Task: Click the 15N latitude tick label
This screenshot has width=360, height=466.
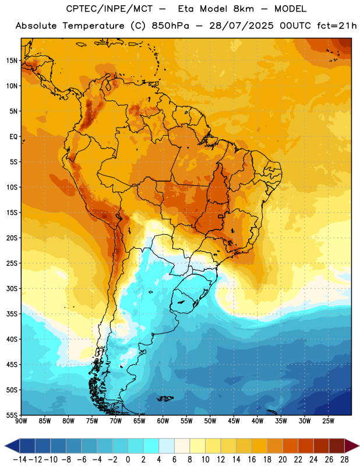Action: (12, 61)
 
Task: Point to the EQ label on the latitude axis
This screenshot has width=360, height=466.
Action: (13, 137)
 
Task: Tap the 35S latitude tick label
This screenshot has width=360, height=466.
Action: (12, 314)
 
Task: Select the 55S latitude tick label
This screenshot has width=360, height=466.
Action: (12, 415)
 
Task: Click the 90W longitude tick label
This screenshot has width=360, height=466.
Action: (21, 421)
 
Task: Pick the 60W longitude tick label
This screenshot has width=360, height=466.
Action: (163, 421)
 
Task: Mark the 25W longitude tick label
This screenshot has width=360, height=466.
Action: (328, 421)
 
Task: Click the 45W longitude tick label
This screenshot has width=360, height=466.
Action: (234, 421)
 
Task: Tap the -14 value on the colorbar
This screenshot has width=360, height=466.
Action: (20, 460)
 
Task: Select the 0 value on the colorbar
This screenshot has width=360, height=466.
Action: (128, 460)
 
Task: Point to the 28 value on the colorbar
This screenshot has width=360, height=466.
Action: (344, 460)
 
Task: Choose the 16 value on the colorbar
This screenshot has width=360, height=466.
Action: (252, 460)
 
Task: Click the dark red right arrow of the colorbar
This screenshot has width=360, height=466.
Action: (351, 446)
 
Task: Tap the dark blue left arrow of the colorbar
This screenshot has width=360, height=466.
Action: (12, 446)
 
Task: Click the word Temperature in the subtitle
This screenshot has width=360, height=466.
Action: (93, 26)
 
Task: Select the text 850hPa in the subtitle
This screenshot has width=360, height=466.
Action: (170, 26)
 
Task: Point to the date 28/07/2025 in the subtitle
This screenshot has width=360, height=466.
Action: (241, 26)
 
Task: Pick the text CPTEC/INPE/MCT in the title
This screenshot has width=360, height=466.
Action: (110, 9)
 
